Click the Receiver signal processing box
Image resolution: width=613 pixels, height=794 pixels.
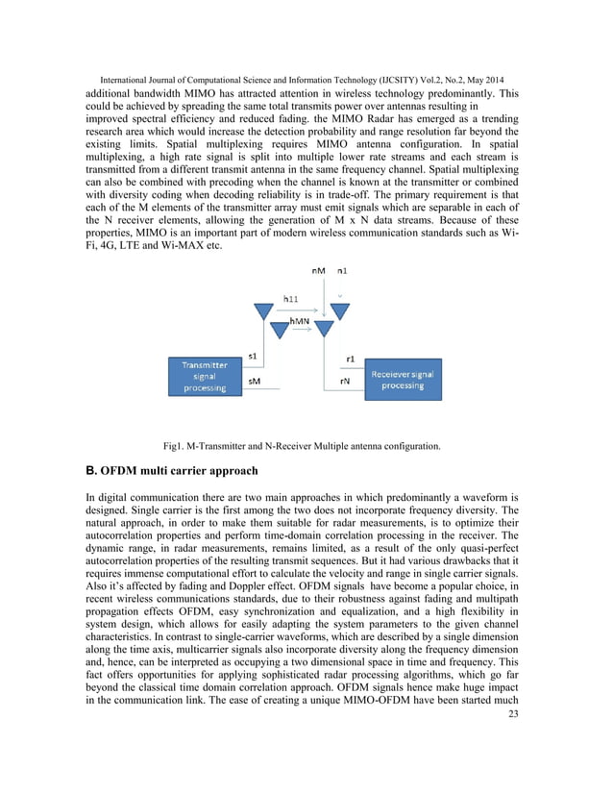402,379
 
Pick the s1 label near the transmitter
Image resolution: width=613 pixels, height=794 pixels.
253,357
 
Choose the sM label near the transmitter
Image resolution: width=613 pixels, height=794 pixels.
253,381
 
